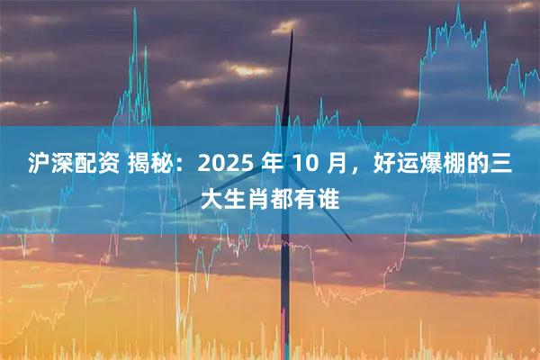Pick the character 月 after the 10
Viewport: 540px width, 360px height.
(335, 164)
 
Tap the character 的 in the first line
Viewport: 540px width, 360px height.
(477, 164)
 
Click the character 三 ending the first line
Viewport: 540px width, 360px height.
(502, 164)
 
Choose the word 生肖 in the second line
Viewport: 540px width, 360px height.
(249, 198)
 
